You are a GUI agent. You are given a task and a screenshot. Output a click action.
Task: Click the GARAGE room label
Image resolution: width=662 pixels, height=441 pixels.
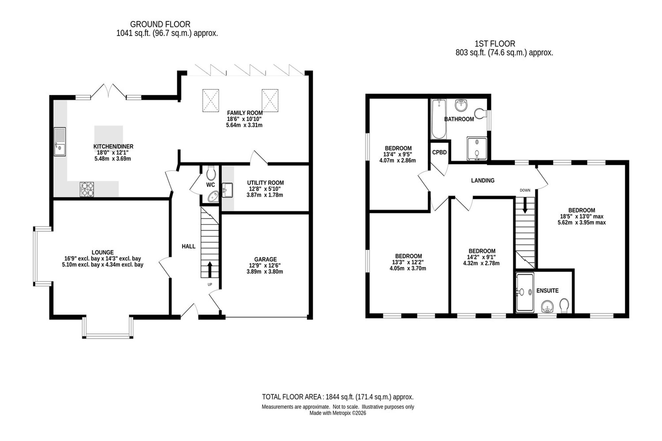265,259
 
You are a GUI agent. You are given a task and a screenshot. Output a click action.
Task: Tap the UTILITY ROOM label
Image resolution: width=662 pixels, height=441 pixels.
265,183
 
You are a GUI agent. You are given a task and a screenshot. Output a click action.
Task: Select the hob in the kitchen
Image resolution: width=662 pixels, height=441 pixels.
87,189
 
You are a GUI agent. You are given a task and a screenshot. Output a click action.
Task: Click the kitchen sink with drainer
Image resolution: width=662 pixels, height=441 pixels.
60,142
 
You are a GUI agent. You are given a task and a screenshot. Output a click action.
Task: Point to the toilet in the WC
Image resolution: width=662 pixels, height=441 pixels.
211,172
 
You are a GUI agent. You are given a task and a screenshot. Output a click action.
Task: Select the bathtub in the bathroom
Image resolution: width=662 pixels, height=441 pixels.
439,119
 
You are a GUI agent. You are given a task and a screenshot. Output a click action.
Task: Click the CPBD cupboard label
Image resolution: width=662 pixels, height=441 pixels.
439,153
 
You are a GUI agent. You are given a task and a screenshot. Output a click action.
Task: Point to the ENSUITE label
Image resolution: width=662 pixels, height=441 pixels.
547,290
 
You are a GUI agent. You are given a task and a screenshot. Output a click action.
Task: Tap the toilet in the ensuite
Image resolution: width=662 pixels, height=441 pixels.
564,305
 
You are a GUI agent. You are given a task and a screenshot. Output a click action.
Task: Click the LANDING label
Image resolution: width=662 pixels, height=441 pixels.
483,180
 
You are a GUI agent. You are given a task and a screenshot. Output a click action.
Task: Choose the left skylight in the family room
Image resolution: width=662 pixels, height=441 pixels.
210,100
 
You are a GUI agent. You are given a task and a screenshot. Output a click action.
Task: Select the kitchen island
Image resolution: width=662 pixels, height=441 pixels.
109,138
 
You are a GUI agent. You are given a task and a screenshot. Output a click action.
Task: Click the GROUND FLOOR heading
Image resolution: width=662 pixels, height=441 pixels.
160,24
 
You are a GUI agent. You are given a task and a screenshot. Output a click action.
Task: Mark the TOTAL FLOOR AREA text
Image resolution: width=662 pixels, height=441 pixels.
338,397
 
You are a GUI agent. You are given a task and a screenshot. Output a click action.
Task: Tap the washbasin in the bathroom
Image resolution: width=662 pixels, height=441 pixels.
461,105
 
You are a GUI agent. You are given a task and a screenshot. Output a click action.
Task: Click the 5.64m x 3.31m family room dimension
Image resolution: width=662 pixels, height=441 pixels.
244,125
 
